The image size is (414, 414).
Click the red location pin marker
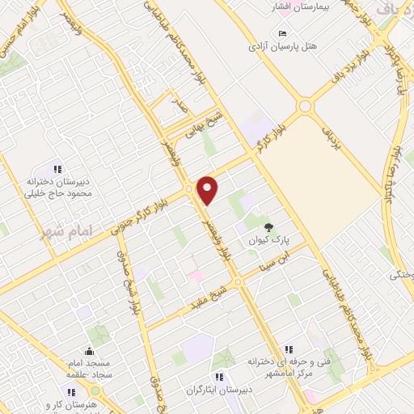tap(208, 189)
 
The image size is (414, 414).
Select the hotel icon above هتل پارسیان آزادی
tap(281, 33)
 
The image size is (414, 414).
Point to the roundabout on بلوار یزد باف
tap(306, 106)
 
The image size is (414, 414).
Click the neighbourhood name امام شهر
tap(67, 232)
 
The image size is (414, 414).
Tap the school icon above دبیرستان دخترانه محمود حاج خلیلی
tap(57, 169)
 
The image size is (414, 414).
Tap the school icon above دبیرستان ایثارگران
tap(218, 376)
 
